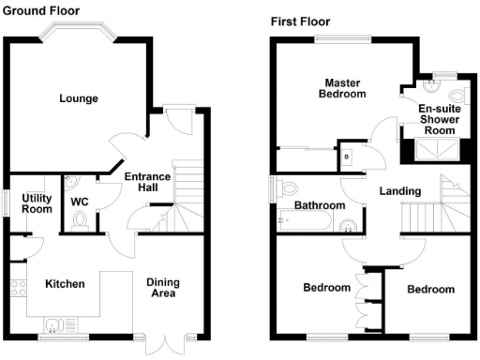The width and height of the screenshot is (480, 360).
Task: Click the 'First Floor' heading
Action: click(300, 21)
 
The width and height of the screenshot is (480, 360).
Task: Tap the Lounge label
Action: click(79, 98)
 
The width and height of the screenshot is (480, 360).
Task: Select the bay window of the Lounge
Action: click(79, 34)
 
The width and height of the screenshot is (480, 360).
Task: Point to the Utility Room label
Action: click(37, 202)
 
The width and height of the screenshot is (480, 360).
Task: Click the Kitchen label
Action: click(66, 284)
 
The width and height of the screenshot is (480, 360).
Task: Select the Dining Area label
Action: click(162, 287)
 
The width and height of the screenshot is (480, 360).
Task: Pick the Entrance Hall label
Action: click(146, 183)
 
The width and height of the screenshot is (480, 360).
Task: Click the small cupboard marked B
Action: click(347, 157)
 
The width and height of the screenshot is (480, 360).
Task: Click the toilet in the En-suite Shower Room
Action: click(457, 97)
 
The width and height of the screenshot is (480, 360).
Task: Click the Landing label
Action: click(399, 191)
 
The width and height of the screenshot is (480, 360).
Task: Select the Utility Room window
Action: click(7, 202)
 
